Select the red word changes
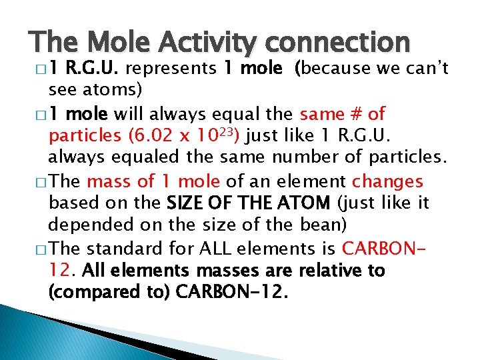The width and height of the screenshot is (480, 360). [x=387, y=181]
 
